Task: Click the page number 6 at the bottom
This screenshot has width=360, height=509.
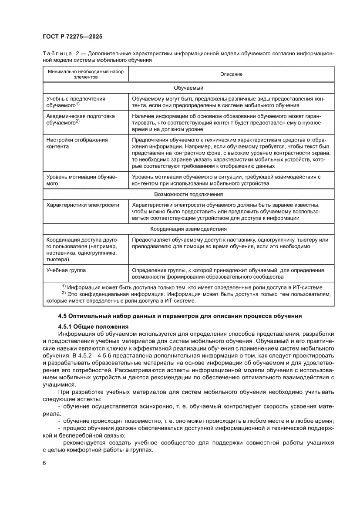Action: (44, 462)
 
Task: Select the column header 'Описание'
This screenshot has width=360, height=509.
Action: (231, 74)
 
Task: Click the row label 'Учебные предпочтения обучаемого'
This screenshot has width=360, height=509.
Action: (76, 102)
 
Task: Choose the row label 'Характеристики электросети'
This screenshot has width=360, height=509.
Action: (83, 205)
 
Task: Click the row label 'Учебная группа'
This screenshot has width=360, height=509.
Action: (66, 270)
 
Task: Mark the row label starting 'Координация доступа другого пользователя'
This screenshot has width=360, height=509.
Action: (81, 249)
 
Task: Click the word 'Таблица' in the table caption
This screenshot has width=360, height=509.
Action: (57, 53)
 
